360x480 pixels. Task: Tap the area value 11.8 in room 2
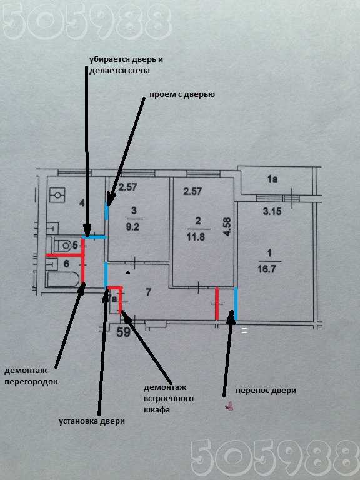196,237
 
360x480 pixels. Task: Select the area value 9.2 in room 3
132,227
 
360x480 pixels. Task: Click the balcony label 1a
272,179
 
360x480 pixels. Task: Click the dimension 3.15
272,211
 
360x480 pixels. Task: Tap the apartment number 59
124,332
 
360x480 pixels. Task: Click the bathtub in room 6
63,279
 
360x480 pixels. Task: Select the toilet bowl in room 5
62,244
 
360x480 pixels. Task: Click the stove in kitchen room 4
57,195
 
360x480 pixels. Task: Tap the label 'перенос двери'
266,391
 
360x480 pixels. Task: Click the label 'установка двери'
92,421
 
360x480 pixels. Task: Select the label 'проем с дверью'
182,94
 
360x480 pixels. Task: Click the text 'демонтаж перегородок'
31,376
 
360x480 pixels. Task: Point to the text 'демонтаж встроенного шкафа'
169,399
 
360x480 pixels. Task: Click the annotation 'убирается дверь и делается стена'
126,64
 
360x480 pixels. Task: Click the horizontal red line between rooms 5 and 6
64,255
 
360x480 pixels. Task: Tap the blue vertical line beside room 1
236,303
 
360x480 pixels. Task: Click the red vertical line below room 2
217,304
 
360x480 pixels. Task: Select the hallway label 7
148,292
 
